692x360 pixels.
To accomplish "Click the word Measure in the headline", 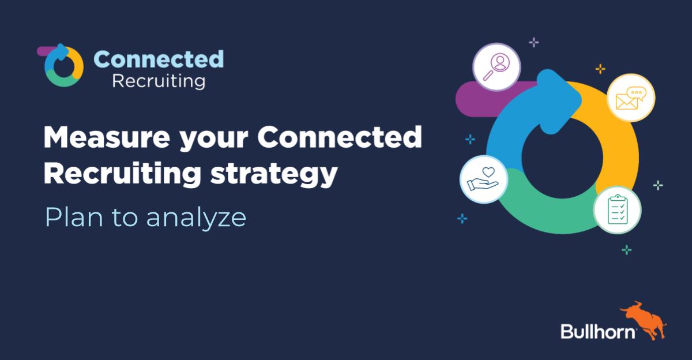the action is pyautogui.click(x=107, y=137).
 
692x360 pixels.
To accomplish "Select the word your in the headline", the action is pyautogui.click(x=214, y=140).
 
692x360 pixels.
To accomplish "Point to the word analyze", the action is pyautogui.click(x=196, y=219).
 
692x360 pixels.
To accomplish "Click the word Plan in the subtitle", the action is pyautogui.click(x=74, y=217).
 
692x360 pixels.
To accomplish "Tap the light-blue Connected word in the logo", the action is pyautogui.click(x=159, y=59).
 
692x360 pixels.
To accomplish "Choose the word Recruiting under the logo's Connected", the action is pyautogui.click(x=159, y=81).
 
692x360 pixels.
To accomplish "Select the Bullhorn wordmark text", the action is pyautogui.click(x=598, y=331).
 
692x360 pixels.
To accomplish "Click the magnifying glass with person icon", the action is pyautogui.click(x=497, y=67).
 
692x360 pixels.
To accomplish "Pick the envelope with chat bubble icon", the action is pyautogui.click(x=631, y=98).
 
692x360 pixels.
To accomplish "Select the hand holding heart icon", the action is pyautogui.click(x=483, y=179).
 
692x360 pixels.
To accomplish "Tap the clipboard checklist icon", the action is pyautogui.click(x=618, y=210).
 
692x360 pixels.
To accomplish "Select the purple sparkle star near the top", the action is pyautogui.click(x=534, y=42).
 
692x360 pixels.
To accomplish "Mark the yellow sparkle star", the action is pyautogui.click(x=600, y=69).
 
